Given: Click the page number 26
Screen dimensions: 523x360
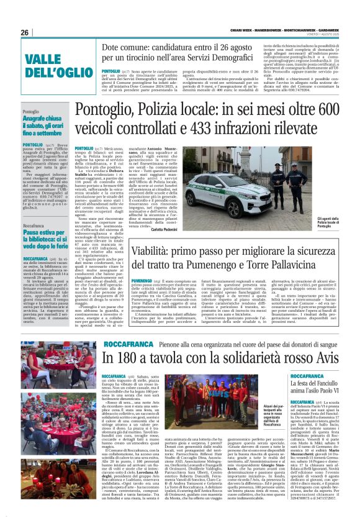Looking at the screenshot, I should [x=25, y=32].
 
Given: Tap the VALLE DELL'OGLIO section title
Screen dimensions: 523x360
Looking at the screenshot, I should [x=51, y=65].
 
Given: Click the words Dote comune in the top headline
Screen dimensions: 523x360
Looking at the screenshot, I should [x=127, y=48].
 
